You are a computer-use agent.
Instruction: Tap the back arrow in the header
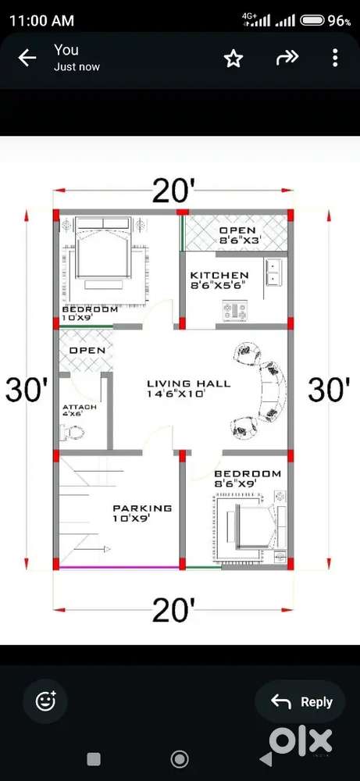click(x=27, y=59)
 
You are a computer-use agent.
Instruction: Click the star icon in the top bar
click(x=233, y=59)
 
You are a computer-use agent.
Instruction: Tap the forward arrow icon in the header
click(x=287, y=59)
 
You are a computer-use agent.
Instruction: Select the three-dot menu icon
click(x=335, y=59)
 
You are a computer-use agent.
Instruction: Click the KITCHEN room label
click(x=219, y=275)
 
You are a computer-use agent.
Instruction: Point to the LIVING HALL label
click(x=189, y=383)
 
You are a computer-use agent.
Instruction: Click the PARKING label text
click(x=142, y=508)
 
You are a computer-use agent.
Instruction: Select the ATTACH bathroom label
click(x=80, y=407)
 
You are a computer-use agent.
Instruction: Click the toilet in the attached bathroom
click(x=72, y=433)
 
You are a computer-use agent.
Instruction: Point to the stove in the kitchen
click(x=235, y=312)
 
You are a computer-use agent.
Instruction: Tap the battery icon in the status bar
click(x=313, y=20)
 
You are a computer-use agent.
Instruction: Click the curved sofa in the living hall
click(x=259, y=388)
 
